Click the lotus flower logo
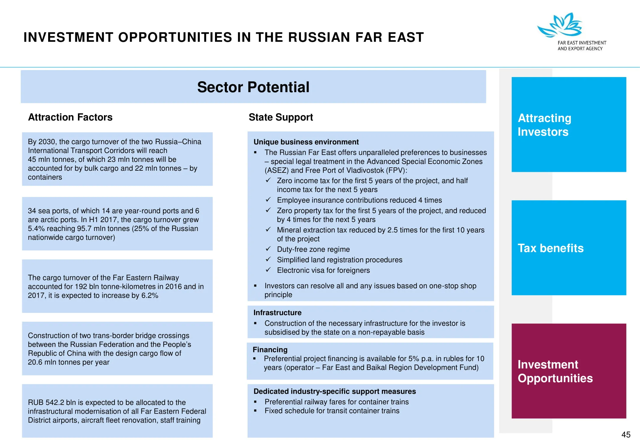point(560,25)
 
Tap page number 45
point(626,434)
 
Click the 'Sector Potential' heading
point(253,87)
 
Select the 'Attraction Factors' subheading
point(70,117)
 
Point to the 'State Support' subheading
point(281,117)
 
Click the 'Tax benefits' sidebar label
point(551,248)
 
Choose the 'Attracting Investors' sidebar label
point(544,125)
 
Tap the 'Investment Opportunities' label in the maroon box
point(555,371)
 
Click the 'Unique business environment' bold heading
point(306,142)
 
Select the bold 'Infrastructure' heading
point(277,312)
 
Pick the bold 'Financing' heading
point(270,350)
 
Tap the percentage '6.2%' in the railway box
point(150,295)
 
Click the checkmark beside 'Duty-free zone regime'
point(268,249)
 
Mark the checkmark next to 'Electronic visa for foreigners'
point(268,270)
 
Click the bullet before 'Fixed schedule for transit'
point(255,411)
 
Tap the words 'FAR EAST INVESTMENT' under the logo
point(582,43)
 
